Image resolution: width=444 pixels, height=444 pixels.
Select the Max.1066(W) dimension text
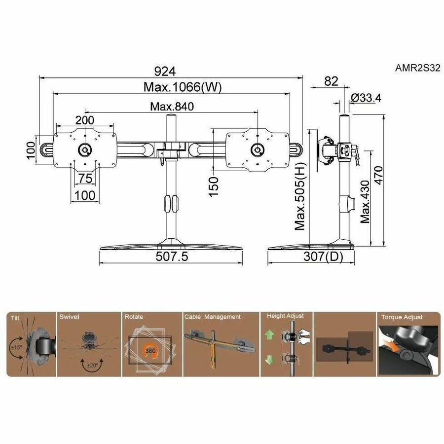(183, 87)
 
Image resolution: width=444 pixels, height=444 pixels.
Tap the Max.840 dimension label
(172, 107)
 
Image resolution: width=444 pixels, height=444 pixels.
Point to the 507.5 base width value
(172, 257)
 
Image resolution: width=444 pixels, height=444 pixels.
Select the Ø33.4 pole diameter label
(366, 98)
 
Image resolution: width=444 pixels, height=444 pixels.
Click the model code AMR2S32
(417, 69)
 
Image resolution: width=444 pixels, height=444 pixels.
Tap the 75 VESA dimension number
(84, 178)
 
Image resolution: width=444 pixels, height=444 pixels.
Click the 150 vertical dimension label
(213, 187)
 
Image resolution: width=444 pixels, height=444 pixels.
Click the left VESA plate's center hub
(84, 148)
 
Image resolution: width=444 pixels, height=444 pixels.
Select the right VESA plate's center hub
(257, 149)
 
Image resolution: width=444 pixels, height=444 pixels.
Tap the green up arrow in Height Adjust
(269, 334)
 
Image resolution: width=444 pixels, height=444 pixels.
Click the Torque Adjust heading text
(402, 317)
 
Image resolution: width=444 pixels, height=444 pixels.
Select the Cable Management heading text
(212, 317)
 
